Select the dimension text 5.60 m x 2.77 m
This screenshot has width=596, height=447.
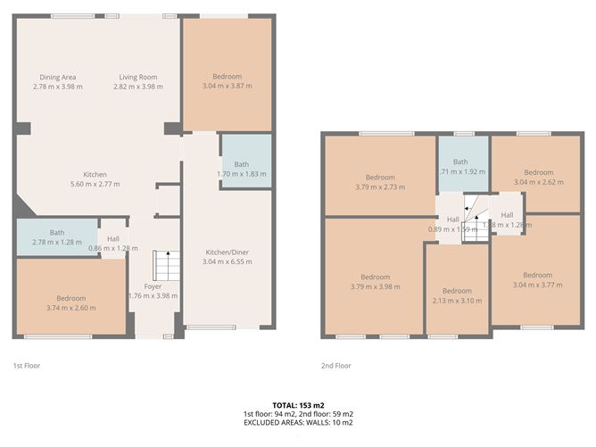(x=95, y=184)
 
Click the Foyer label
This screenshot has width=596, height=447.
(x=153, y=286)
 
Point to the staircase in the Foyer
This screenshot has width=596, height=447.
(x=162, y=265)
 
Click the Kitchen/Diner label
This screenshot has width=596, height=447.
(x=227, y=253)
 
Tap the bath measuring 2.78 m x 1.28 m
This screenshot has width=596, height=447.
(x=55, y=237)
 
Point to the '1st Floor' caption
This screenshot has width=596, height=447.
(x=26, y=366)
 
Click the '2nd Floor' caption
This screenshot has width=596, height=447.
(x=336, y=366)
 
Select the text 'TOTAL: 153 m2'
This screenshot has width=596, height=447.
(x=298, y=404)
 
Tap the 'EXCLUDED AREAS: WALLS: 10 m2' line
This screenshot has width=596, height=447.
(x=298, y=424)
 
